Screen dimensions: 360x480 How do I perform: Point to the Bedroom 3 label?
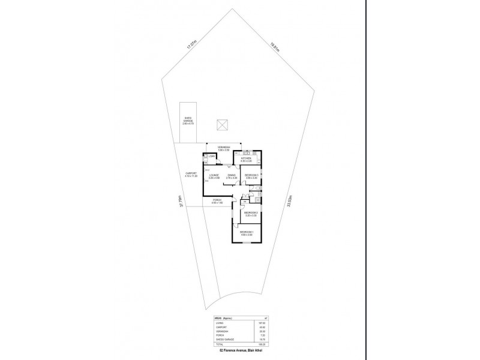click(251, 176)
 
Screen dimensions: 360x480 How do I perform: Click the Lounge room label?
click(214, 176)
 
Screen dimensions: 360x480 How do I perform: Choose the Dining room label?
click(232, 176)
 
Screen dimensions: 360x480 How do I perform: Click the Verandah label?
click(224, 148)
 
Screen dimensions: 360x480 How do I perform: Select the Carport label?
click(191, 175)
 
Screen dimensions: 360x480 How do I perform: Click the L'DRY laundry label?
click(212, 157)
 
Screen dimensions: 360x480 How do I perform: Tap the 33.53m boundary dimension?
click(292, 202)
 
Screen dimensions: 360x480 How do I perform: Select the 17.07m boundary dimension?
click(191, 46)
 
